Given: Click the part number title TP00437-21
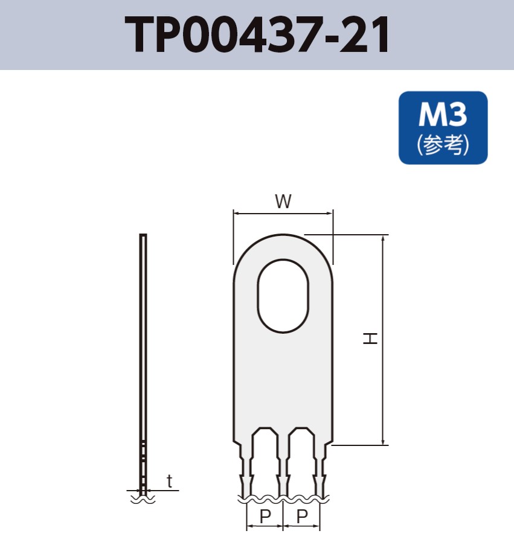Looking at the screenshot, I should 257,34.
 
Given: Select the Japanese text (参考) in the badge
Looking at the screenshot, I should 443,145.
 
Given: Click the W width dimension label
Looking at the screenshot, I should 283,202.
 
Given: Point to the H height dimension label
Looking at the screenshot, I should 370,338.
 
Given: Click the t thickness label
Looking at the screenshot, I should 170,481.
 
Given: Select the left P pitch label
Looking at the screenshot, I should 265,517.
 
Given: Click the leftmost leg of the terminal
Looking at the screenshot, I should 245,471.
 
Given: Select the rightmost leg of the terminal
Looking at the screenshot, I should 321,471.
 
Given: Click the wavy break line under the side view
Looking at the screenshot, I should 143,499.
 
